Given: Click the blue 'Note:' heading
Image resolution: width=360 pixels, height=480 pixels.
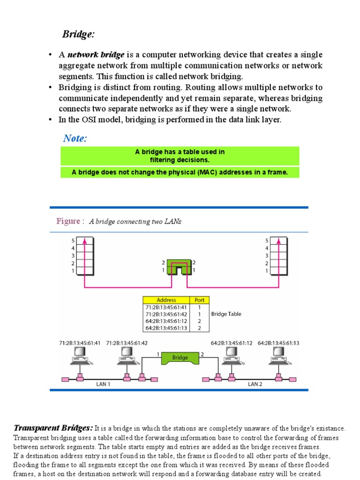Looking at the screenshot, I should pos(75,138).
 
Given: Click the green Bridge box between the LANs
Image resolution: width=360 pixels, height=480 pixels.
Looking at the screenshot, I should pos(180,358).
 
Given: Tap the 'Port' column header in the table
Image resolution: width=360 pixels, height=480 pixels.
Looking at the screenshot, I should pos(199,300).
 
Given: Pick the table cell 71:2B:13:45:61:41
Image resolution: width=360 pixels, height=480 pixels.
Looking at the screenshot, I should pos(166,307).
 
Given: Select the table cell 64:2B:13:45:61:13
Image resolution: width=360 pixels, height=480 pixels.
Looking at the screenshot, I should pos(166,328).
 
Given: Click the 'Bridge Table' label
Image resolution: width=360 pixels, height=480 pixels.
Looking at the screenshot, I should pos(226,314).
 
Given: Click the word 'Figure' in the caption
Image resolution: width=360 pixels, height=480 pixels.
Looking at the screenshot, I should pos(67,221).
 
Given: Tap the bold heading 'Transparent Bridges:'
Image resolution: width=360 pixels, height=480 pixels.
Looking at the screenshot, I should pos(53,428).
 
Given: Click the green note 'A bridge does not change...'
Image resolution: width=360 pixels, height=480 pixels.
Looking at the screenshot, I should pos(180,172).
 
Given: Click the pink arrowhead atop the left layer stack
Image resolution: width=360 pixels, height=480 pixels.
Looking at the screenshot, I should pos(84,240).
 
